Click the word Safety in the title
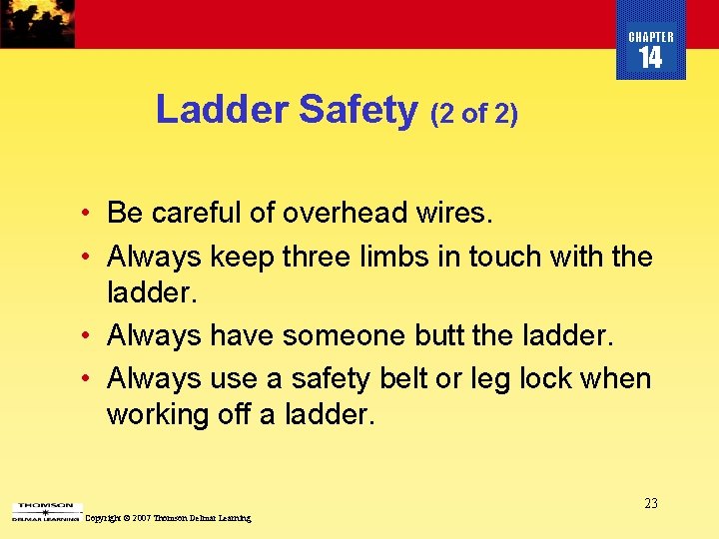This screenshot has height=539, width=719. (x=358, y=110)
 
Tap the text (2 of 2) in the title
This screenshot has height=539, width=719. (x=474, y=114)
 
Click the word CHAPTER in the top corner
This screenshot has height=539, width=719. (x=651, y=37)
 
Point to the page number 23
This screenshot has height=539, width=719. (x=650, y=503)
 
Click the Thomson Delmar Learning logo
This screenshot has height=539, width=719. (x=45, y=512)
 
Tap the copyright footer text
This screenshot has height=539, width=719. (x=169, y=518)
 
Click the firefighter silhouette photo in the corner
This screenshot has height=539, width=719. (x=37, y=23)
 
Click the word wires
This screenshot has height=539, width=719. (x=455, y=213)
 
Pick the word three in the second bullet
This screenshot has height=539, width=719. (x=317, y=257)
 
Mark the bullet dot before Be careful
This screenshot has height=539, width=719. (x=89, y=214)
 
